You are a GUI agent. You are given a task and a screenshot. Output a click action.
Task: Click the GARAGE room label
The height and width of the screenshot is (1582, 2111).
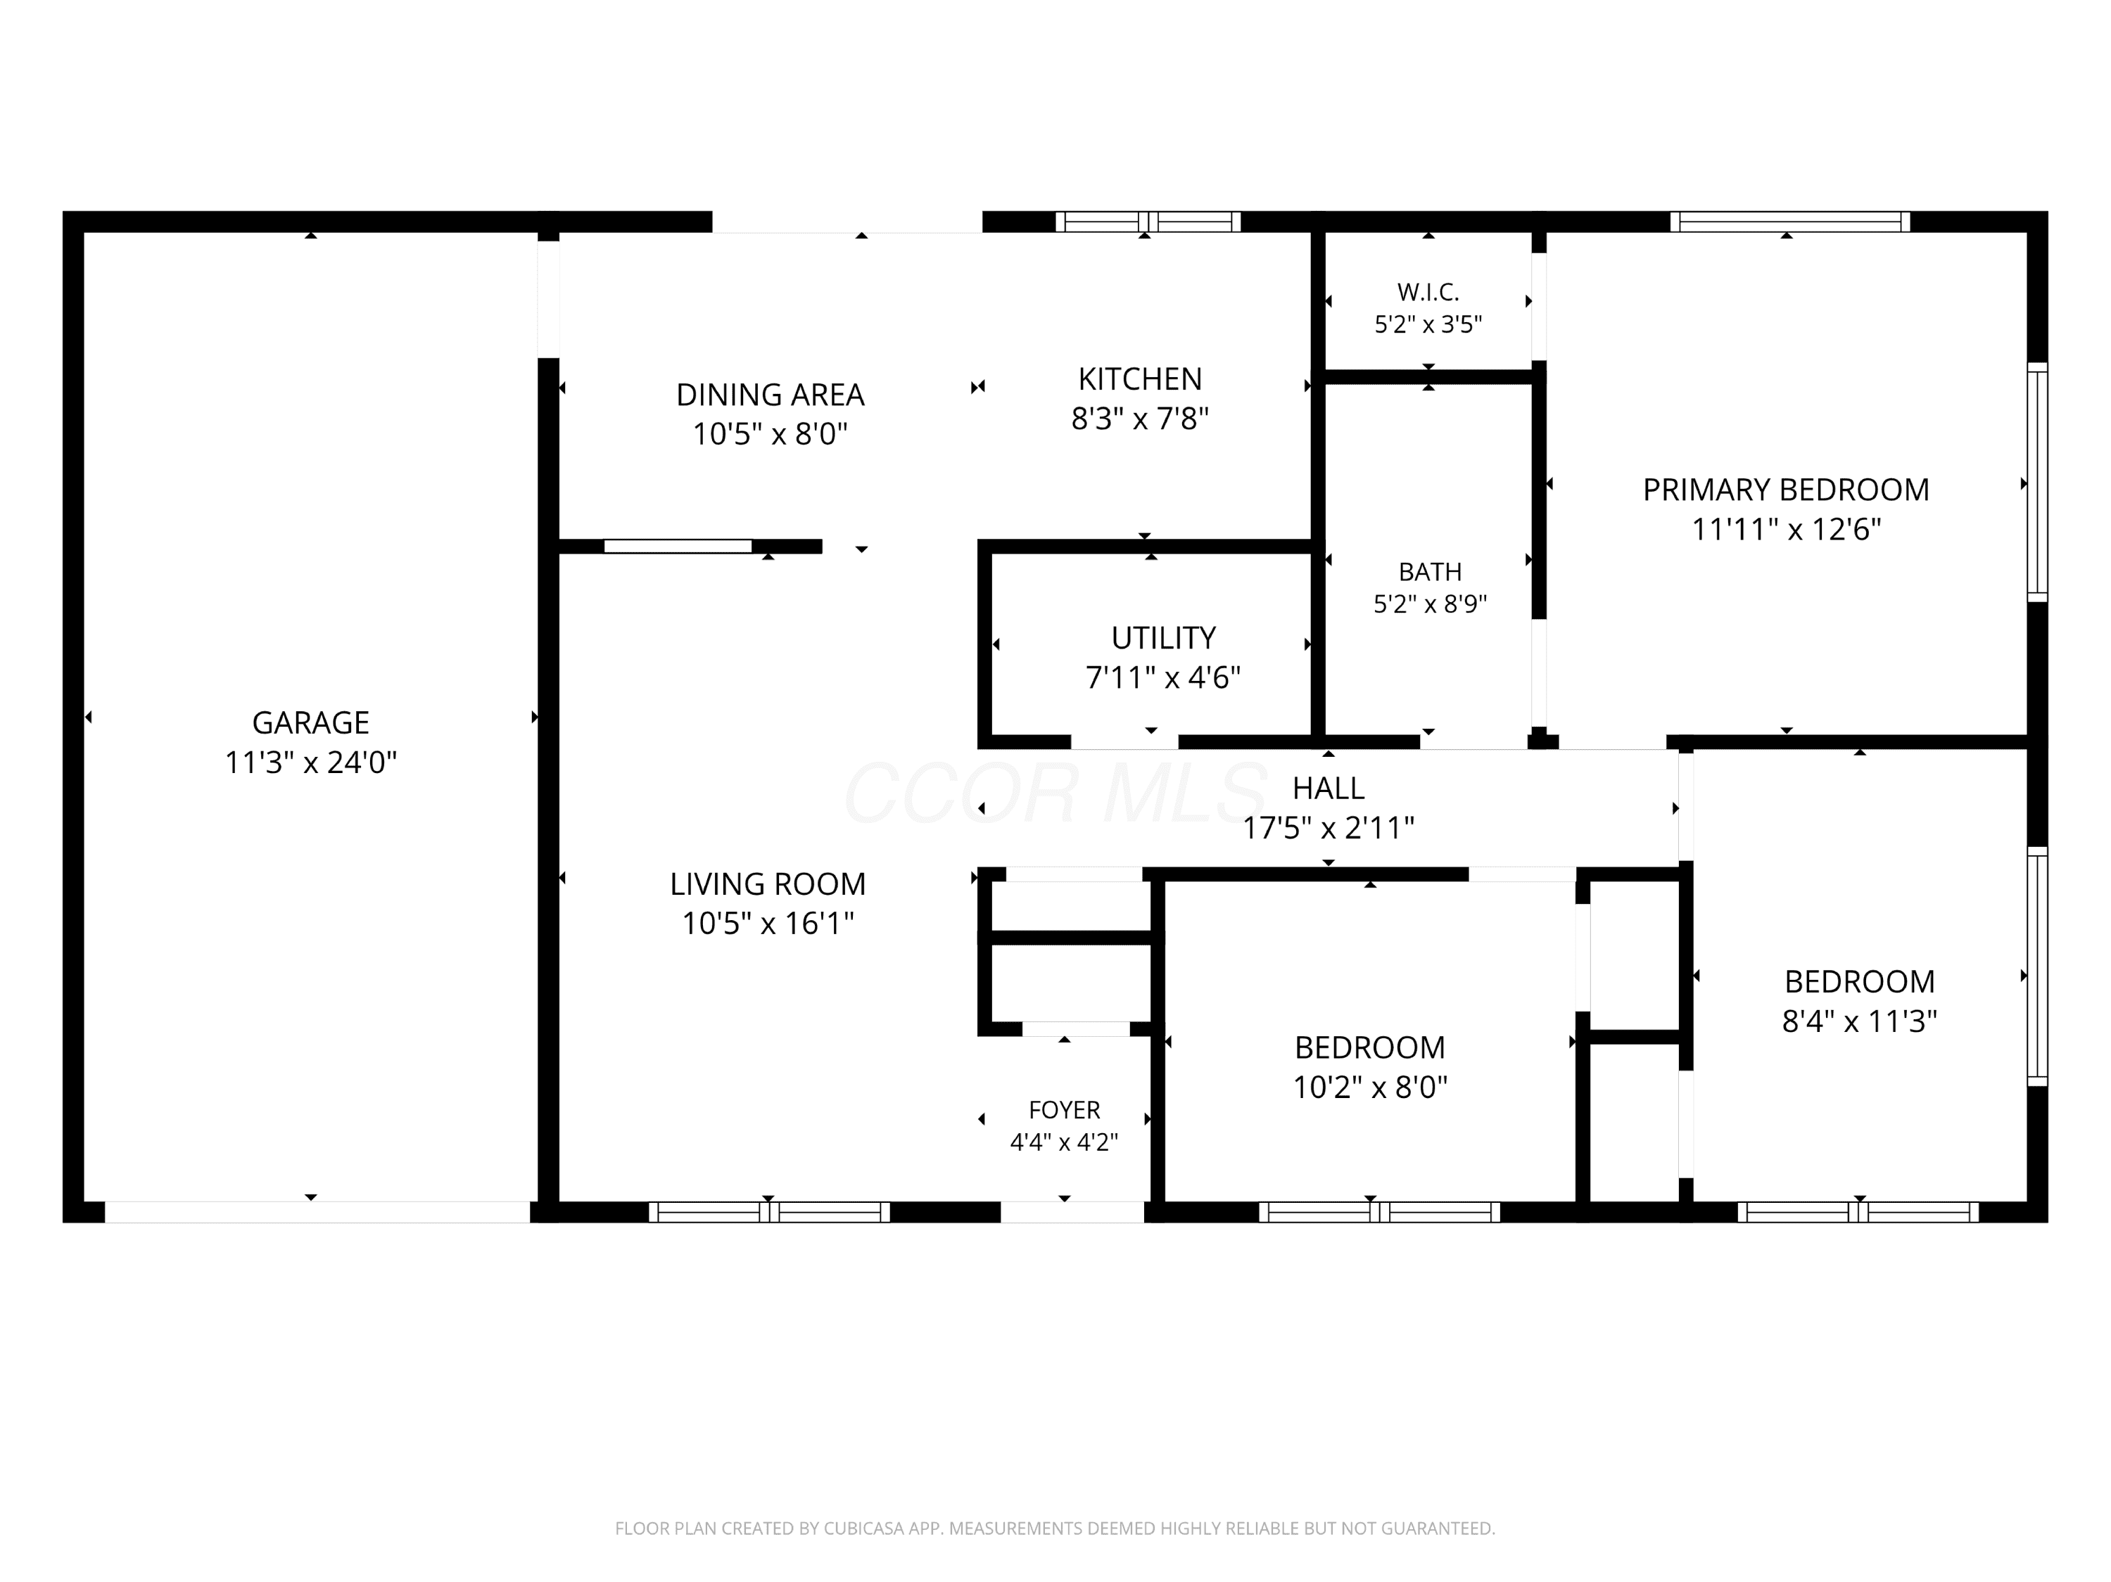tap(310, 722)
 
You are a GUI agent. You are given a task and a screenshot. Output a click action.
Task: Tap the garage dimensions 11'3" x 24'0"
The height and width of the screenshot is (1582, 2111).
tap(310, 763)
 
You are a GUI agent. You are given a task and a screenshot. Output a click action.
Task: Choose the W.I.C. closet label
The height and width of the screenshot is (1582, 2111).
tap(1428, 292)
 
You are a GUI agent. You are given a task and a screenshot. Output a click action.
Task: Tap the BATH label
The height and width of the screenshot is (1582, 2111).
tap(1430, 572)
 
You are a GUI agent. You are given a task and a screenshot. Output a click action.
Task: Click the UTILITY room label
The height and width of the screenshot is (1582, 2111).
tap(1163, 637)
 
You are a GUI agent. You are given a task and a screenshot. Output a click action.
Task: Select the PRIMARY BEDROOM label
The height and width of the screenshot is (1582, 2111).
tap(1786, 490)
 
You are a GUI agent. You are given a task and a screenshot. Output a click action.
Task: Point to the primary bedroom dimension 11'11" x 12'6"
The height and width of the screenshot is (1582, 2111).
tap(1786, 530)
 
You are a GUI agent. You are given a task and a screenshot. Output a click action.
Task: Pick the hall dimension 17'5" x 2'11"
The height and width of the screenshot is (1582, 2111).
tap(1329, 827)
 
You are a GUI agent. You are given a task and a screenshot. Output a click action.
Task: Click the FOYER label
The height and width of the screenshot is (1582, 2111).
tap(1064, 1110)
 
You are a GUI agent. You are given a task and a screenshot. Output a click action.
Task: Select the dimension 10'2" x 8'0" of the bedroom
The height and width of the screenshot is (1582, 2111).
tap(1369, 1087)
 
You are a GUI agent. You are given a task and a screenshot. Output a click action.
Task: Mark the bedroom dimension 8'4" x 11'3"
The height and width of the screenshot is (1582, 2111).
tap(1859, 1022)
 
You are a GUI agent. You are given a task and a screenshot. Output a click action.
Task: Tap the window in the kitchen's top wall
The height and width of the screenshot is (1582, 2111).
tap(1148, 222)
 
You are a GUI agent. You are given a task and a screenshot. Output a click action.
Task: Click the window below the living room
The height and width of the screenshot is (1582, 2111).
tap(769, 1212)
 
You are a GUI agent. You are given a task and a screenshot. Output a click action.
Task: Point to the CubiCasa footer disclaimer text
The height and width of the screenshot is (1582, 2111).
tap(1055, 1529)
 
